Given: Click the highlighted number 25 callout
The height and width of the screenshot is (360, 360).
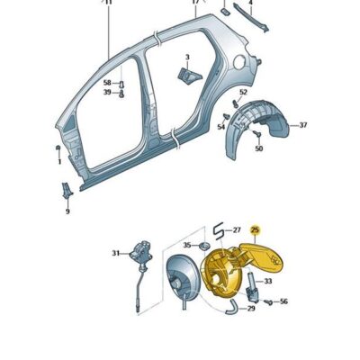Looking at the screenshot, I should coord(256,230).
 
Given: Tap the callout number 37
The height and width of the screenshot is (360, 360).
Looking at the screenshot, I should coord(303,125).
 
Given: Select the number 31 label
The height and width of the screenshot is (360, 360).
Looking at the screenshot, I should coord(115,253).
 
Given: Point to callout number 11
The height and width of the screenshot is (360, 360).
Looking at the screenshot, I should coord(109,4).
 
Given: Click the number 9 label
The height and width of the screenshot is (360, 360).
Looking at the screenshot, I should coord(67,211).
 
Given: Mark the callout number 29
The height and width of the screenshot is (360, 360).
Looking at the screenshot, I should coord(251,309).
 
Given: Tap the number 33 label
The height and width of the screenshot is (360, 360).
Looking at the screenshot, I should coord(267,281).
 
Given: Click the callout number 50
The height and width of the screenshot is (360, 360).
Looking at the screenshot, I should coord(258,148).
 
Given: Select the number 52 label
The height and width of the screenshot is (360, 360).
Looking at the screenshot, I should coord(243,93).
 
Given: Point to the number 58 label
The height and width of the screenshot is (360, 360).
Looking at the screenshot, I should coord(106,82).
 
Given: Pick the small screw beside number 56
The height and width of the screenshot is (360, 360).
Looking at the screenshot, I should coord(265,301).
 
